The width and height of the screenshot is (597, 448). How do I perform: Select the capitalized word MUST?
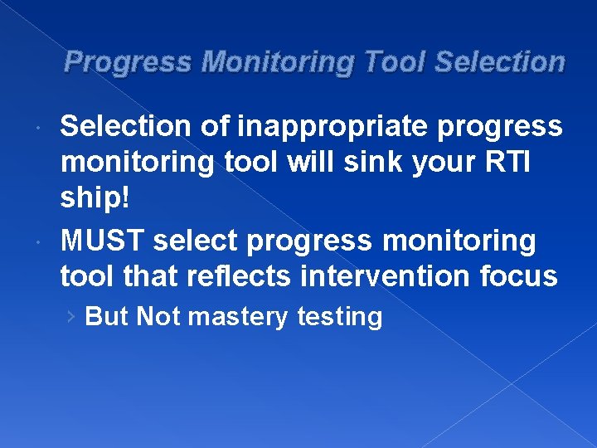tap(103, 241)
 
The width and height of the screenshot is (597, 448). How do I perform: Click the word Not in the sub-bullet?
tap(158, 317)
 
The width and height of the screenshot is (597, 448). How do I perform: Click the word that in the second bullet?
tap(150, 275)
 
